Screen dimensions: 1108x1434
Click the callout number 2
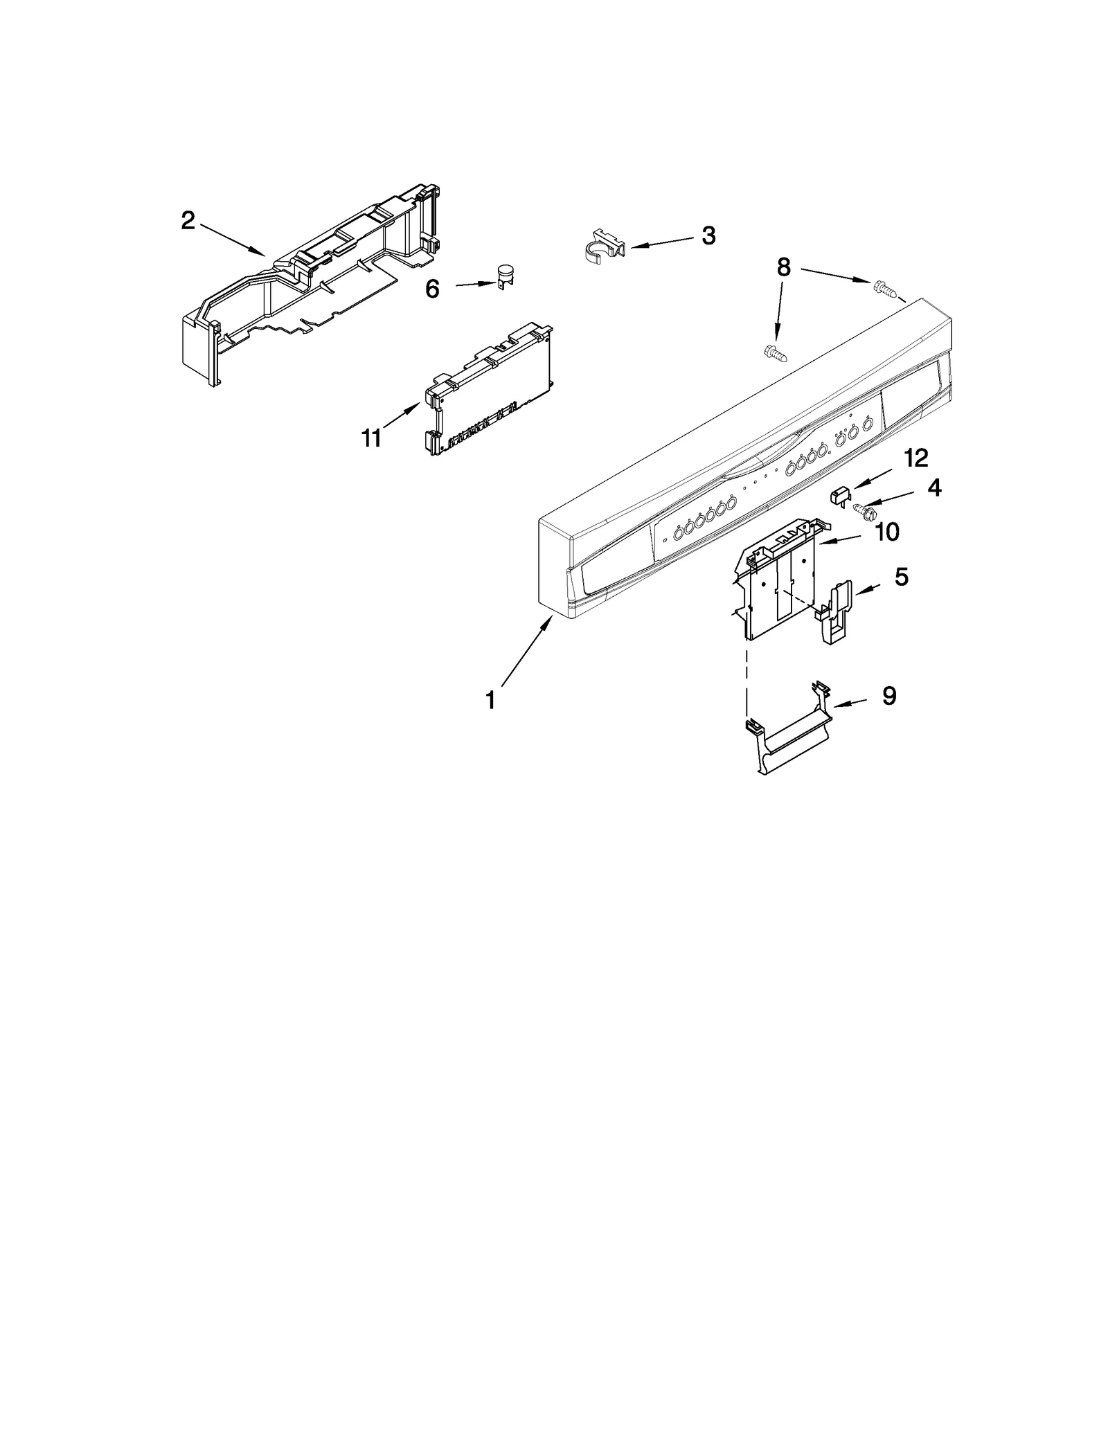pyautogui.click(x=188, y=221)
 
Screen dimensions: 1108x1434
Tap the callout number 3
pyautogui.click(x=708, y=235)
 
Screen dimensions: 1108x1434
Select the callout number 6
pyautogui.click(x=432, y=289)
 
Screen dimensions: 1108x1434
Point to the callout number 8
pyautogui.click(x=783, y=267)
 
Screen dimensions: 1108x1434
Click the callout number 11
pyautogui.click(x=372, y=438)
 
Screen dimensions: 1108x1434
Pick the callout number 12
pyautogui.click(x=916, y=458)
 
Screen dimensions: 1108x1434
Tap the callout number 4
pyautogui.click(x=934, y=488)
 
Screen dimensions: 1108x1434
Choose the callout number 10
pyautogui.click(x=887, y=532)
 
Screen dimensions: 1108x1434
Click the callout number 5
pyautogui.click(x=901, y=577)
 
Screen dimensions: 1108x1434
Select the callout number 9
pyautogui.click(x=889, y=696)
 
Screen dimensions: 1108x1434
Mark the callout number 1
pyautogui.click(x=490, y=701)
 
